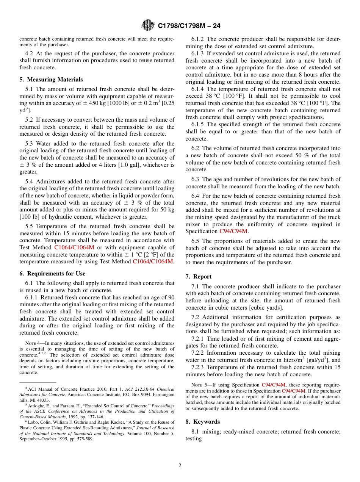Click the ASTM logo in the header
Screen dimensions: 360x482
pyautogui.click(x=148, y=25)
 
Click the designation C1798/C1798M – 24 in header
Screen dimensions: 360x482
pyautogui.click(x=189, y=26)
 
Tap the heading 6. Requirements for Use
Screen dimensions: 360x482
pyautogui.click(x=52, y=274)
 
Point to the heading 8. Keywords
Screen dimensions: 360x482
pyautogui.click(x=202, y=422)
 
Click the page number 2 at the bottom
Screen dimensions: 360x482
pyautogui.click(x=180, y=466)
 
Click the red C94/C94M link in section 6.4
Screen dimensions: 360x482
pyautogui.click(x=234, y=231)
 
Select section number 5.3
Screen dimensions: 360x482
pyautogui.click(x=30, y=144)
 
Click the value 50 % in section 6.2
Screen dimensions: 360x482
pyautogui.click(x=298, y=155)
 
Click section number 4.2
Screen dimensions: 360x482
pyautogui.click(x=30, y=53)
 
